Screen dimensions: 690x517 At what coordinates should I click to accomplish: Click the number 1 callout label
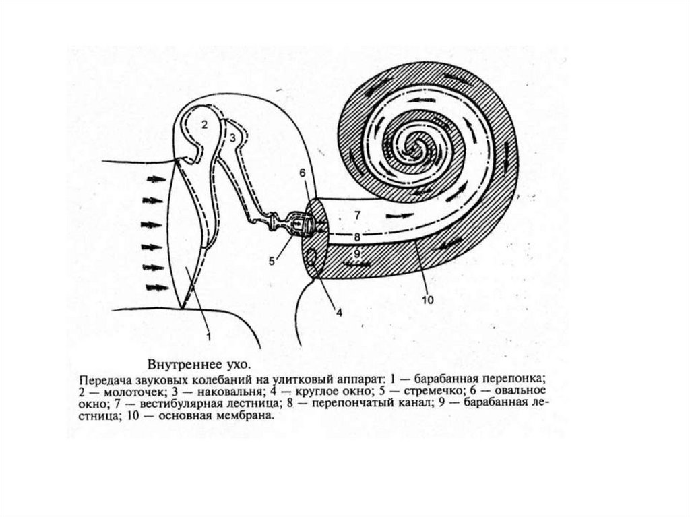point(208,336)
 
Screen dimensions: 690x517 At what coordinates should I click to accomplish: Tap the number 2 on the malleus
point(205,125)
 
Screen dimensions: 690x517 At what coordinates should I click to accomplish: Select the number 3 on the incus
point(232,138)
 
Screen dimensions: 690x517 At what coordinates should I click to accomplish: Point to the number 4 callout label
point(339,313)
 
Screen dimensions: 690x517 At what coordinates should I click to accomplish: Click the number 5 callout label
point(272,261)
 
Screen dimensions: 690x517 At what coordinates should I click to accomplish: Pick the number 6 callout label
point(303,173)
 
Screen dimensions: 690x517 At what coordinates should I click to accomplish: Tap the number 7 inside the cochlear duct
point(357,215)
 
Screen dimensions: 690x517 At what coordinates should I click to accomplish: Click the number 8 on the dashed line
point(357,237)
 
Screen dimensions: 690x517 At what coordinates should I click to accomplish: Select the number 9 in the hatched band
point(357,253)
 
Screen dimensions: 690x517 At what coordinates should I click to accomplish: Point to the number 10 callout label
point(427,300)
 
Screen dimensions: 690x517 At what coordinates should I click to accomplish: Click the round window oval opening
point(313,258)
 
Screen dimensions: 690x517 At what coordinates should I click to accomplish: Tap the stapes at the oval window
point(299,224)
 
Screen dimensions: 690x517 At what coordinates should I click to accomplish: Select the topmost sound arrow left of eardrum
point(156,179)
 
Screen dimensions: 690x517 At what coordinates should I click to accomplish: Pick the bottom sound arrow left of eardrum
point(157,288)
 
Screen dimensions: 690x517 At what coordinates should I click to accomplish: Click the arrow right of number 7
point(400,216)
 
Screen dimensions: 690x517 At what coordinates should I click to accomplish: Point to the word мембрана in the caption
point(249,415)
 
